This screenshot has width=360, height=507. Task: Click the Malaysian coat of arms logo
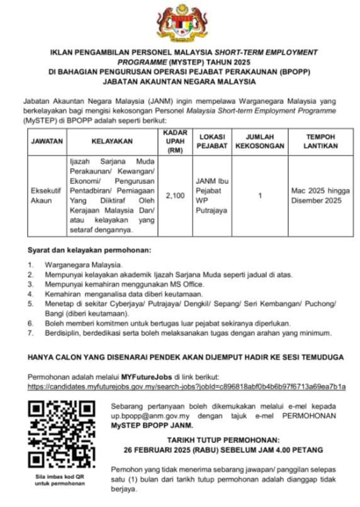180,23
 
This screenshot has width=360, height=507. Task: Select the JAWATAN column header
47,142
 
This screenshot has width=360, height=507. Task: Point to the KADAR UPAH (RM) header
174,142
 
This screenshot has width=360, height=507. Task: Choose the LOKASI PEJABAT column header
212,142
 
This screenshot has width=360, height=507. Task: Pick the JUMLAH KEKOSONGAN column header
260,142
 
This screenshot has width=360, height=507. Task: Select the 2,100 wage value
174,196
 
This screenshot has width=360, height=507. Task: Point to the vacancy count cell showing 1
260,196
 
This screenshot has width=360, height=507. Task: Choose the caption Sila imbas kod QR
55,478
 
